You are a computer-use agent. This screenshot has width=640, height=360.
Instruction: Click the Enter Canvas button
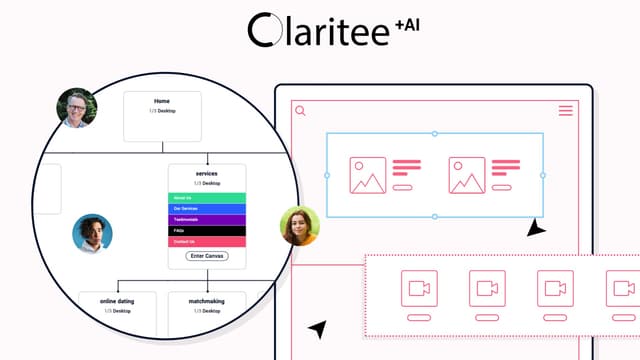click(x=207, y=256)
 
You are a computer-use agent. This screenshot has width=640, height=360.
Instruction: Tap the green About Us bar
click(x=207, y=197)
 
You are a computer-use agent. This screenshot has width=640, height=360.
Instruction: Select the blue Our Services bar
click(x=207, y=208)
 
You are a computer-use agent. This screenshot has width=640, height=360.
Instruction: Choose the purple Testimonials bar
click(x=207, y=219)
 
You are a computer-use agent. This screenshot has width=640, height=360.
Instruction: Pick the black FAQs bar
click(x=207, y=230)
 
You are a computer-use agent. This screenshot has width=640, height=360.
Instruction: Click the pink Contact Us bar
click(x=207, y=241)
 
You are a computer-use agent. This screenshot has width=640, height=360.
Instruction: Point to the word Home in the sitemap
click(x=162, y=101)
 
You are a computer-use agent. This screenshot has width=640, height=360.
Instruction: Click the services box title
click(x=207, y=174)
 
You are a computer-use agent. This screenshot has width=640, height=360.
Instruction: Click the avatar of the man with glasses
click(x=77, y=108)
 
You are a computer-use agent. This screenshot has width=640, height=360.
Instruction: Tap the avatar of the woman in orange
click(x=298, y=225)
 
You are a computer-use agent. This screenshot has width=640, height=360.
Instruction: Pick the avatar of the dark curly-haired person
click(x=92, y=233)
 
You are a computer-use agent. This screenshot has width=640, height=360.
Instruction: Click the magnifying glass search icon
click(x=300, y=111)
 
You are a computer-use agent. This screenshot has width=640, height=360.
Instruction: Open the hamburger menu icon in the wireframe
click(x=566, y=111)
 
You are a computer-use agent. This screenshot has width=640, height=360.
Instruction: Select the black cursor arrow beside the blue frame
click(x=537, y=229)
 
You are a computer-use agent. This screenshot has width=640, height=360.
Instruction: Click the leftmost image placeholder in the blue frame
click(x=367, y=175)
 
